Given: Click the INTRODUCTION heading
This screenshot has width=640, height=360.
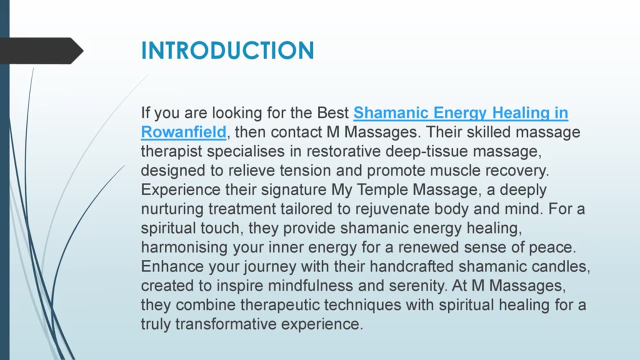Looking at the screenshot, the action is pyautogui.click(x=227, y=50).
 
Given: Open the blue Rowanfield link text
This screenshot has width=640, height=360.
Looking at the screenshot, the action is pyautogui.click(x=183, y=132).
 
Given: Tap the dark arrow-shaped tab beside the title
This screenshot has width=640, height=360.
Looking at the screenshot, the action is pyautogui.click(x=41, y=51).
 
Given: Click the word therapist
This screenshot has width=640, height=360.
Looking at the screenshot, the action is pyautogui.click(x=171, y=151).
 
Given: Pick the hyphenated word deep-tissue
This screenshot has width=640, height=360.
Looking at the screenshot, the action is pyautogui.click(x=426, y=151).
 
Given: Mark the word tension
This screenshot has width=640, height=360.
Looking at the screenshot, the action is pyautogui.click(x=305, y=170).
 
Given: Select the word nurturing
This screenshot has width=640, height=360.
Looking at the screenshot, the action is pyautogui.click(x=172, y=209).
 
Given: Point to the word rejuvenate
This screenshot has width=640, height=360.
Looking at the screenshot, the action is pyautogui.click(x=392, y=209).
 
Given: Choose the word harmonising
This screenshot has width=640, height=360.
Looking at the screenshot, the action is pyautogui.click(x=184, y=247).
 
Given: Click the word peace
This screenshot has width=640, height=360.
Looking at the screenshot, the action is pyautogui.click(x=552, y=247).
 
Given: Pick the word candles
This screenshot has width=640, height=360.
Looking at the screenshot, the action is pyautogui.click(x=560, y=267).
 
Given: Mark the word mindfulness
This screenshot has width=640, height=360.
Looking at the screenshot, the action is pyautogui.click(x=310, y=285).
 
